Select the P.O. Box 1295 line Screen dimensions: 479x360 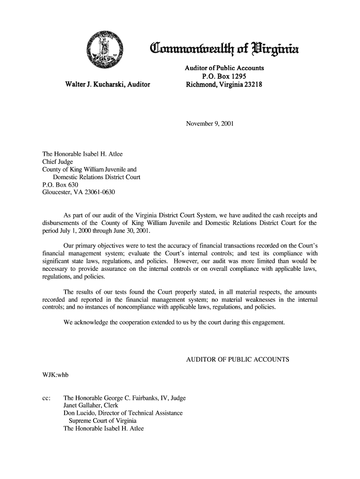point(224,77)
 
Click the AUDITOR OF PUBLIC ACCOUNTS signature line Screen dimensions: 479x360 point(238,360)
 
